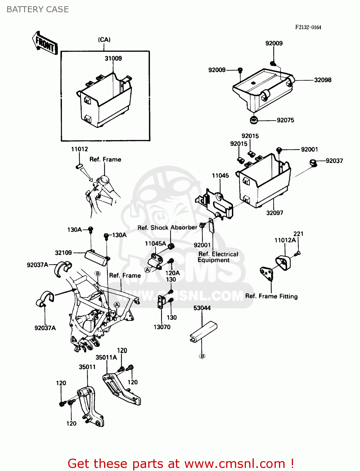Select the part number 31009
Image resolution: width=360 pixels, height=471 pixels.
click(113, 58)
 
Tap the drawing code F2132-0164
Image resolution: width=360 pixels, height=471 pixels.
click(308, 27)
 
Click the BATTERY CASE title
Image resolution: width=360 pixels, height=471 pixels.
click(38, 9)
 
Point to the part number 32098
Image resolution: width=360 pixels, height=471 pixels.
click(323, 80)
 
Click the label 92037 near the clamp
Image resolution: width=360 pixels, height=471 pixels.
click(334, 161)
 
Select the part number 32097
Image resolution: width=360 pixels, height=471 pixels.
click(275, 213)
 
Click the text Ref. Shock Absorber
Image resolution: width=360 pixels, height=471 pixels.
click(167, 228)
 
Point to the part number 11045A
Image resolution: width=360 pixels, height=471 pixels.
click(155, 244)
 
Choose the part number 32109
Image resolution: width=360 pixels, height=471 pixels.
click(63, 253)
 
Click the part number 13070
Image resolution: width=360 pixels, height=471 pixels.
click(162, 327)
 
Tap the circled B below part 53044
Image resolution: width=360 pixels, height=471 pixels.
click(202, 356)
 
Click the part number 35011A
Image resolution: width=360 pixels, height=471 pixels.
click(106, 358)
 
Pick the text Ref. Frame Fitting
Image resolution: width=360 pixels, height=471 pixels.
click(271, 296)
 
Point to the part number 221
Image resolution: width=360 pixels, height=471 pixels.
click(298, 234)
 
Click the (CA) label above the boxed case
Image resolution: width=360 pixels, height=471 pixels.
click(104, 40)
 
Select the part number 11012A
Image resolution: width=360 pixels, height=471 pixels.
click(285, 241)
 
